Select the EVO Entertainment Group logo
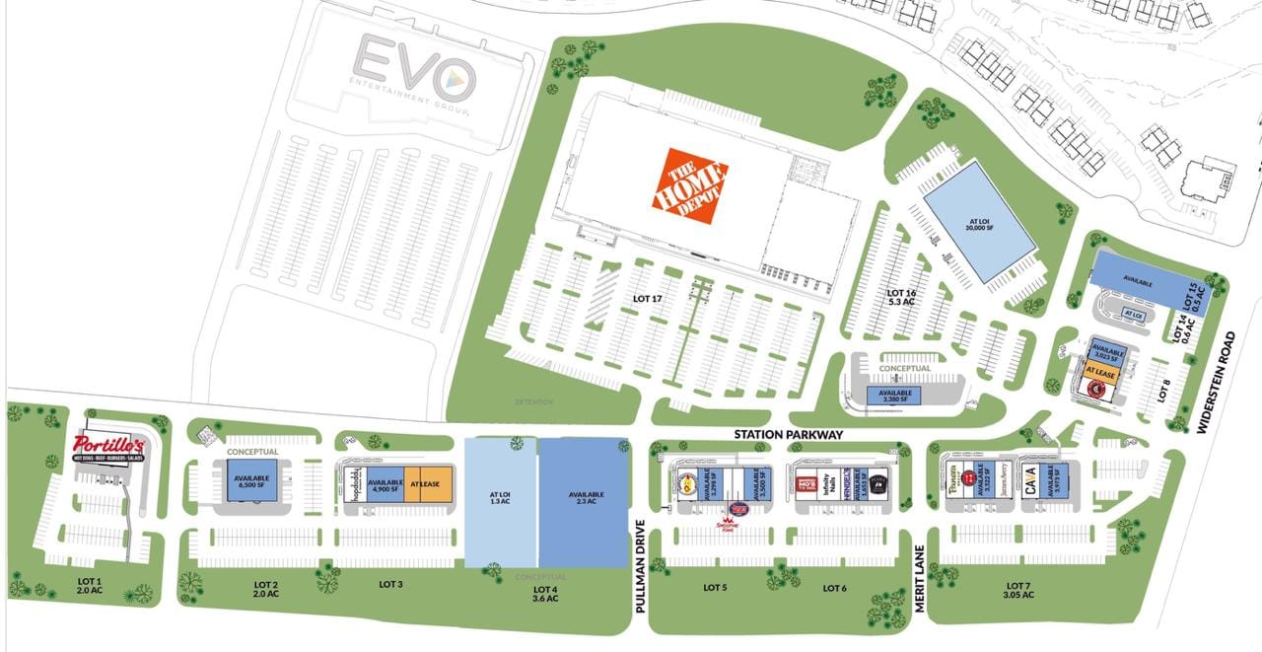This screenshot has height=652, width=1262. (x=415, y=79)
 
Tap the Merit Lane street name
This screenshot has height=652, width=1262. (x=919, y=578)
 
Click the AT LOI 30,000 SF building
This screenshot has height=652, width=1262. (x=978, y=221)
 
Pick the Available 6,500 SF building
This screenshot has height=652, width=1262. (x=245, y=482)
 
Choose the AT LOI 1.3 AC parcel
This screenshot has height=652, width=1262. (x=500, y=501)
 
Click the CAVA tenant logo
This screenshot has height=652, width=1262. (x=1032, y=482)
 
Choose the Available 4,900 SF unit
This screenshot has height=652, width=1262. (x=386, y=482)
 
